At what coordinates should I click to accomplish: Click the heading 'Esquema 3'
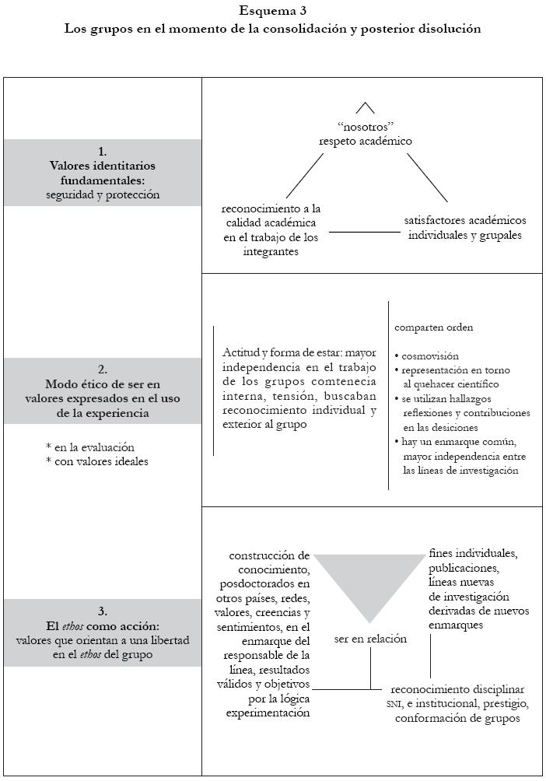point(272,11)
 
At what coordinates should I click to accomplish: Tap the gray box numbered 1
point(103,173)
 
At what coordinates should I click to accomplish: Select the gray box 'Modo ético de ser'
point(103,390)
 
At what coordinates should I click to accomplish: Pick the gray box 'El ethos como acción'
point(103,632)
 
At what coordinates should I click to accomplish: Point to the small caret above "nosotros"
point(366,107)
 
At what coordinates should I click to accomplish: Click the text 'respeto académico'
point(365,141)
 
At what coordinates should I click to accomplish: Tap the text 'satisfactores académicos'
point(465,221)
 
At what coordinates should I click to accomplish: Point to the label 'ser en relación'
point(370,639)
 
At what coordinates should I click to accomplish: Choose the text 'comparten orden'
point(433,327)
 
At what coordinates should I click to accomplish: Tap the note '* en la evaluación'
point(90,447)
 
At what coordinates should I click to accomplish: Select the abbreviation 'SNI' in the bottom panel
point(394,704)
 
